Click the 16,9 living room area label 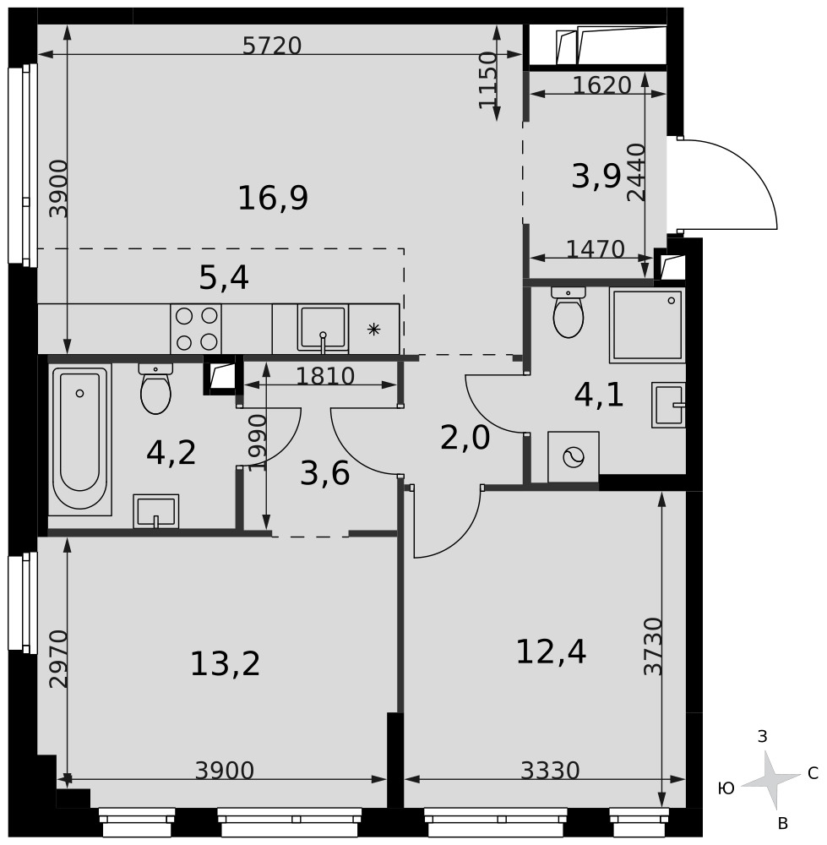[x=273, y=198]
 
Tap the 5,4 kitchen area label [x=224, y=279]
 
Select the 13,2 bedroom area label [x=226, y=664]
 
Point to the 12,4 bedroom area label [x=551, y=651]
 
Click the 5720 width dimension [x=271, y=46]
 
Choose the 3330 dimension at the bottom [x=550, y=771]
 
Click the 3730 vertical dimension [x=652, y=646]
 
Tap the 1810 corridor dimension [x=325, y=376]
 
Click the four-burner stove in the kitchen [x=196, y=329]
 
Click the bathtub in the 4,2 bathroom [x=79, y=439]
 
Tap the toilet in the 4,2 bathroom [x=155, y=389]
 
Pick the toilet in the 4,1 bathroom [x=569, y=312]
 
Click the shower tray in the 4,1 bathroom [x=647, y=325]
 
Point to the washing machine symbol [x=574, y=457]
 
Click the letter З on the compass [x=762, y=736]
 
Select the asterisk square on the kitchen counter [x=374, y=330]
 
